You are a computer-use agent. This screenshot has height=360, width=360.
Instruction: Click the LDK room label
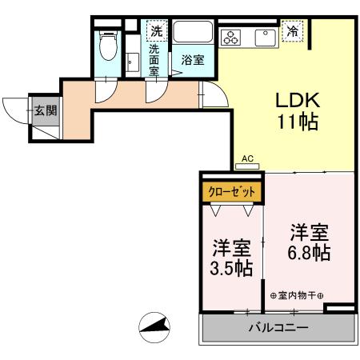click(x=297, y=102)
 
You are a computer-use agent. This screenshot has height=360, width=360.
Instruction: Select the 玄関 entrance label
click(x=44, y=110)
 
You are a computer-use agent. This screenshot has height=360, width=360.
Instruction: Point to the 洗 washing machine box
click(x=157, y=31)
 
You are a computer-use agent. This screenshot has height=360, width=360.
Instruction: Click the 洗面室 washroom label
click(x=154, y=60)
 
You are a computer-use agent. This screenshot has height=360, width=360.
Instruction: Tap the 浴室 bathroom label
click(x=192, y=60)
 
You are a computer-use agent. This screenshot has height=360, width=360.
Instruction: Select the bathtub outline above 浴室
click(x=193, y=34)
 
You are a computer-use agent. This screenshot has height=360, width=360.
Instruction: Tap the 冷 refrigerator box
click(x=293, y=32)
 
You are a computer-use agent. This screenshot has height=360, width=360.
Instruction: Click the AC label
click(x=247, y=159)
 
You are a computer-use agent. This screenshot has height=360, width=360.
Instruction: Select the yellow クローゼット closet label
click(x=232, y=192)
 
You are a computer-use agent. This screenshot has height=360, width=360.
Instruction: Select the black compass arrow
click(x=157, y=326)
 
